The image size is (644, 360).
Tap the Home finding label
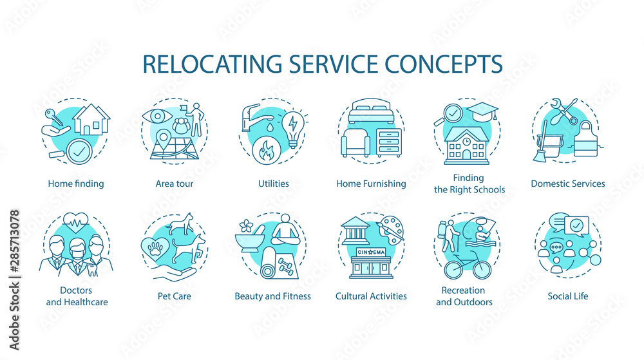75,184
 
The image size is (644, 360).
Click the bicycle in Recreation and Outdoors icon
468,265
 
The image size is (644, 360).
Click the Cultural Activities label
371,296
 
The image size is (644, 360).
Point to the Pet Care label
174,296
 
